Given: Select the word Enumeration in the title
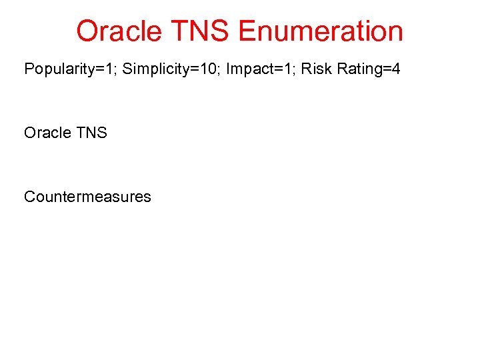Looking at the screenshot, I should [x=321, y=31].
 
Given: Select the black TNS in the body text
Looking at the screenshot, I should [x=91, y=133].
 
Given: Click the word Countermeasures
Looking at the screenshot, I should [x=87, y=197].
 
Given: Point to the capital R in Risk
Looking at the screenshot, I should [x=306, y=69].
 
